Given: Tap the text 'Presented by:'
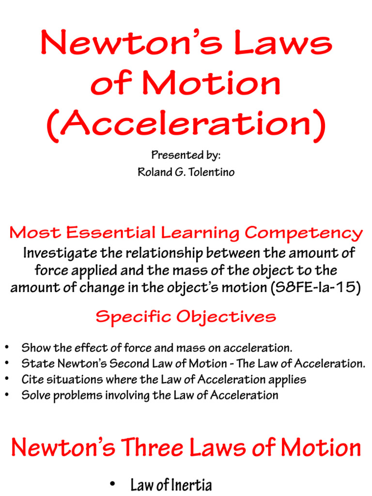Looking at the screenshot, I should coord(186,156).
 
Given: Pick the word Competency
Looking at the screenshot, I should coord(304,233).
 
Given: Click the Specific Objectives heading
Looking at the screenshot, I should coord(186,316).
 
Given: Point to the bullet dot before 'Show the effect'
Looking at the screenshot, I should coord(7,348).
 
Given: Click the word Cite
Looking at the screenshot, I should coord(30,379).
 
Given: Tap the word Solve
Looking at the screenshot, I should coord(33,395).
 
